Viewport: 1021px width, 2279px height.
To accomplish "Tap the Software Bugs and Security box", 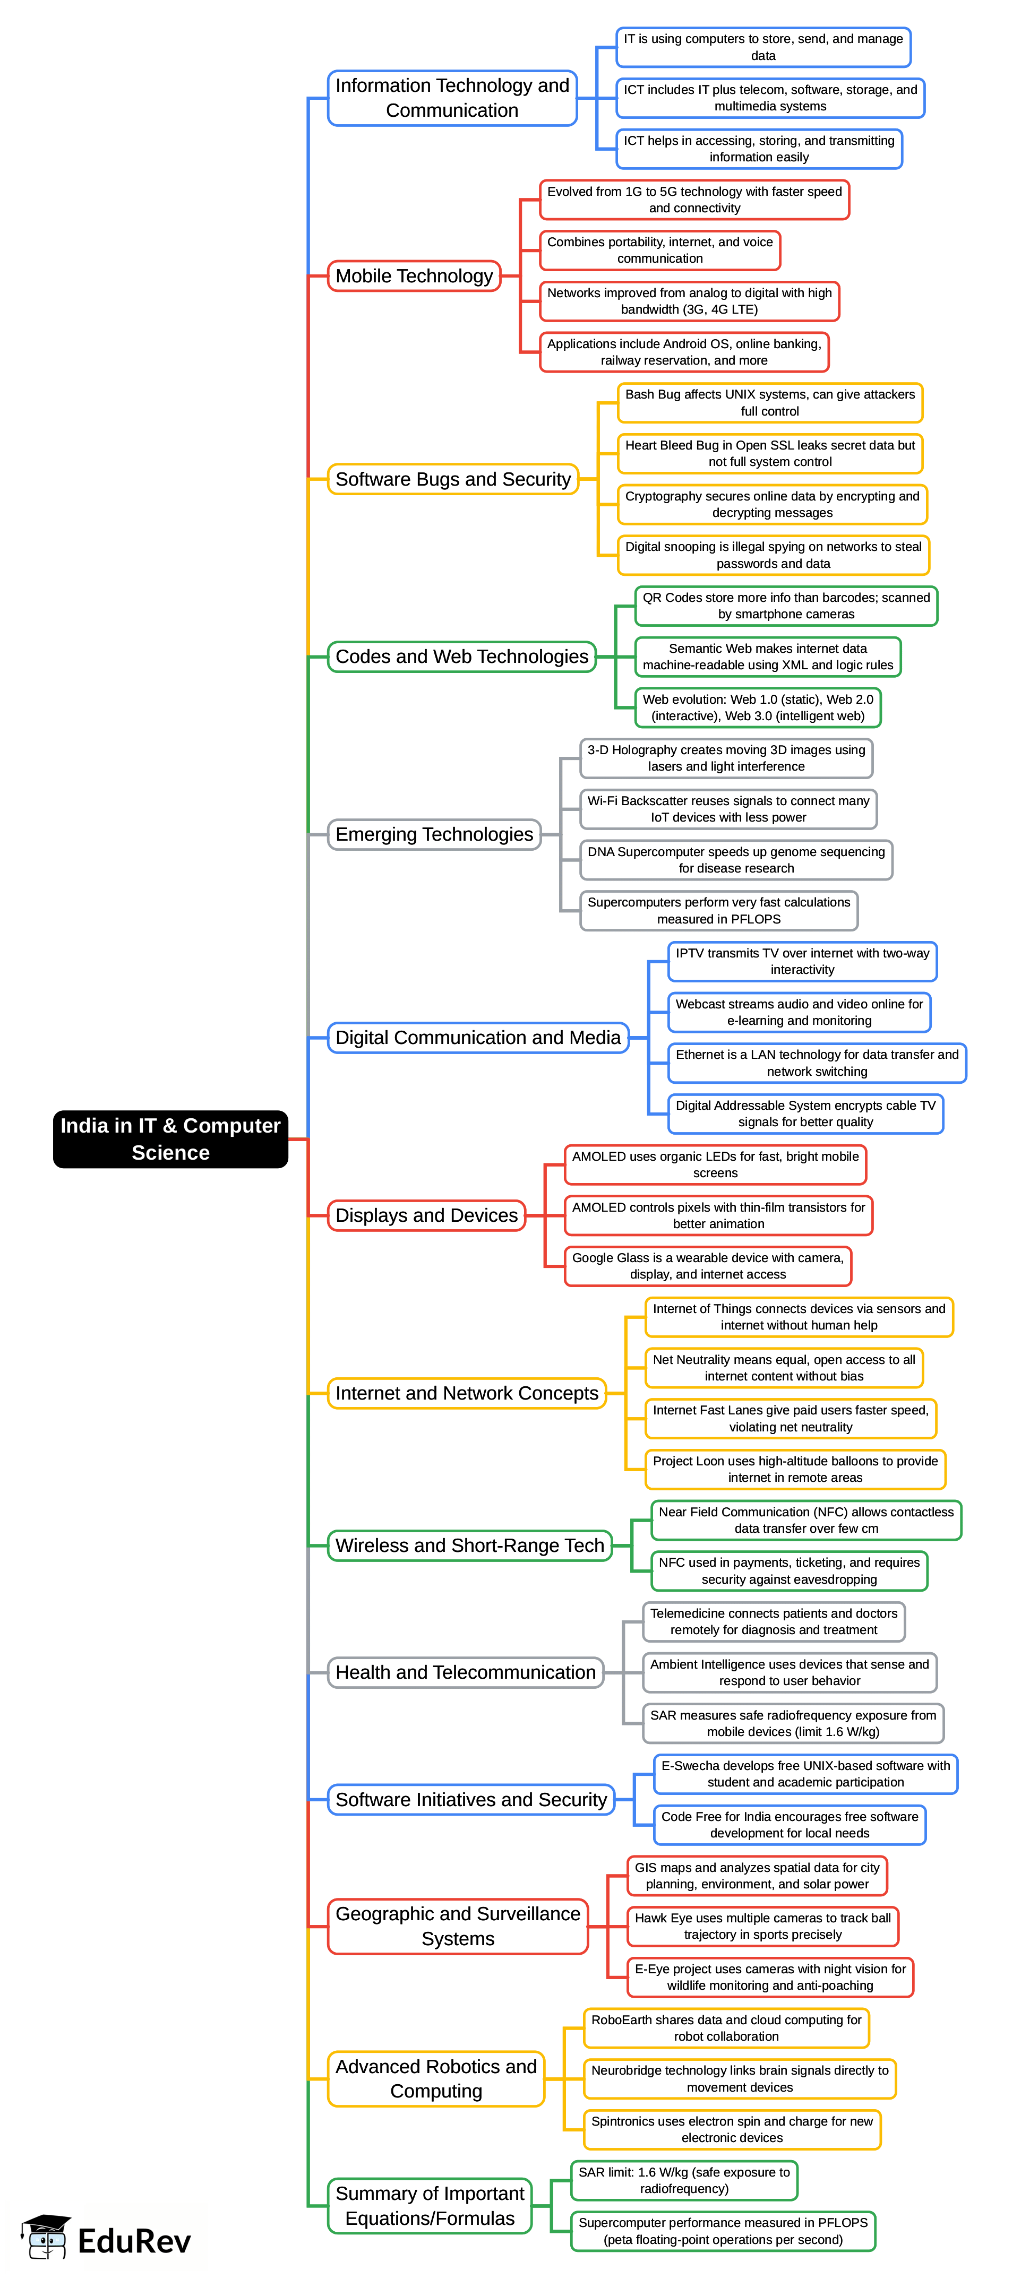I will [452, 479].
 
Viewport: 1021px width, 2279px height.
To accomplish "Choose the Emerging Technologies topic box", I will [434, 834].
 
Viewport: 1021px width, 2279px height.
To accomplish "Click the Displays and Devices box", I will [426, 1215].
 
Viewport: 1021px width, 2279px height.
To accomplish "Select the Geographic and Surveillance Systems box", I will [458, 1926].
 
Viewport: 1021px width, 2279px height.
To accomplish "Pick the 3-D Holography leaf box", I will [725, 758].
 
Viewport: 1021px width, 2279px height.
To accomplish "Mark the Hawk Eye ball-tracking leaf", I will [762, 1926].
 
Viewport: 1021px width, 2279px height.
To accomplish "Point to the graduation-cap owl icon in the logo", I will [46, 2238].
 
